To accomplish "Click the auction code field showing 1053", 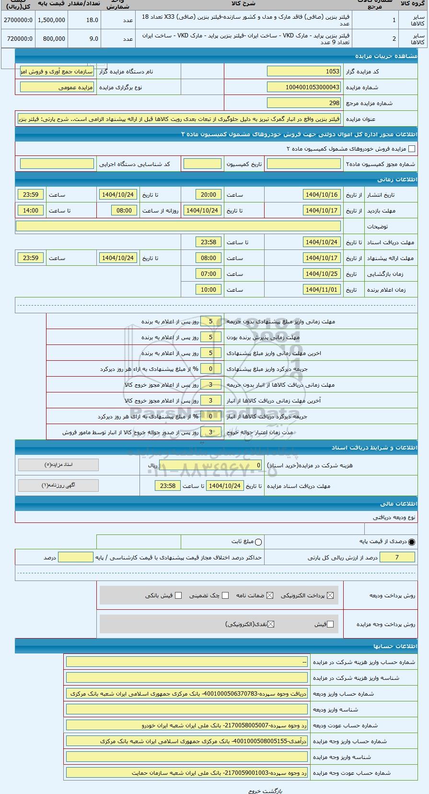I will click(304, 71).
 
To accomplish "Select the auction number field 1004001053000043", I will click(304, 87).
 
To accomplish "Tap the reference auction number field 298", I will click(304, 103).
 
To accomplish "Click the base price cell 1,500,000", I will click(51, 20).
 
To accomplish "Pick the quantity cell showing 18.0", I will click(84, 20).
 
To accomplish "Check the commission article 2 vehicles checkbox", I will click(411, 149).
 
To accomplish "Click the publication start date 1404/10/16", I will click(322, 195).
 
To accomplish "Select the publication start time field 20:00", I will click(209, 195).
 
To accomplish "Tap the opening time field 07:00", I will click(209, 274).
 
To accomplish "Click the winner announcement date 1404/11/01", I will click(322, 290).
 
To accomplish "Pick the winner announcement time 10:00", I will click(209, 290).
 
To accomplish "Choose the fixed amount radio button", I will click(259, 542).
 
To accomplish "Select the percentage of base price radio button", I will click(412, 542).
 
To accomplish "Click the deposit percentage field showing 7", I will click(397, 557).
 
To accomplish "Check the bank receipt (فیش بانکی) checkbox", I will click(178, 595).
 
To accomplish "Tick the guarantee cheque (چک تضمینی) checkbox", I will click(225, 595).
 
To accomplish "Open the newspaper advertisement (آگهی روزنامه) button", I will click(58, 485).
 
